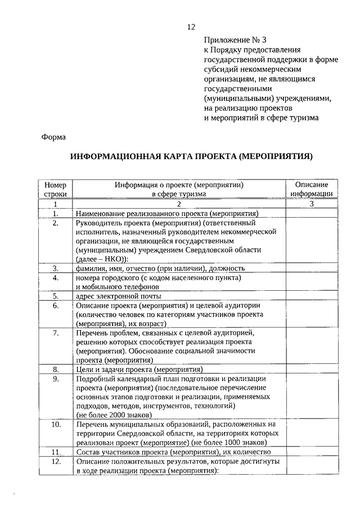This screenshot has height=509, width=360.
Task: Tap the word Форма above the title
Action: coord(54,137)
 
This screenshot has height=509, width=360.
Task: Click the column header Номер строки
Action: coord(55,189)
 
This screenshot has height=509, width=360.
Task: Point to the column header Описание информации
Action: coord(311,189)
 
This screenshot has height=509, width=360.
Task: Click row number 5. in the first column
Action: coord(56,296)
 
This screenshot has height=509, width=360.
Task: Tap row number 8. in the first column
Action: coord(56,370)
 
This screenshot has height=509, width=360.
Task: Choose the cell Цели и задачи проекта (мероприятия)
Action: coord(139,370)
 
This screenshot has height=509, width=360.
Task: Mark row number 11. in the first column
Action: coord(56,452)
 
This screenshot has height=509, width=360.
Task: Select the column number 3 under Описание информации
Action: coord(311,204)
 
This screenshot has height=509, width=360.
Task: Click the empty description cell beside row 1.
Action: coord(311,213)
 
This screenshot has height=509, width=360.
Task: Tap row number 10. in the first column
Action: coord(56,424)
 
